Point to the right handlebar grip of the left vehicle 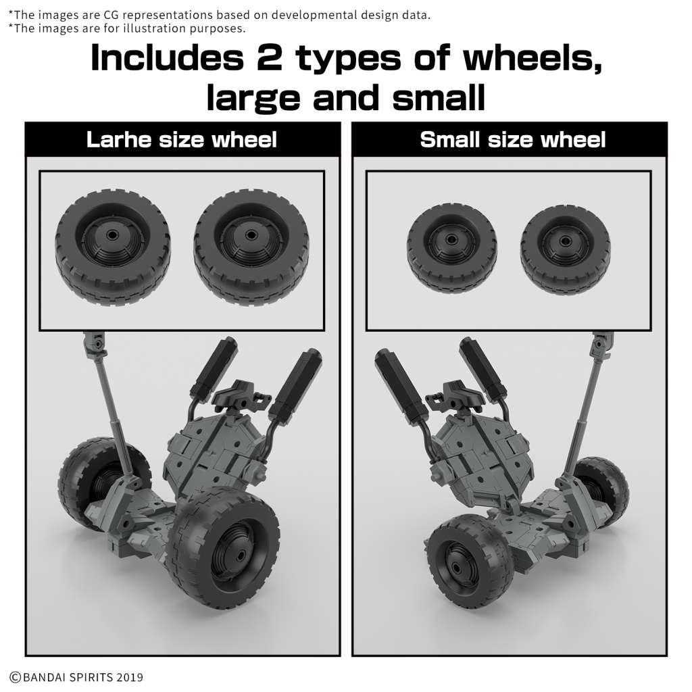pos(294,383)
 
